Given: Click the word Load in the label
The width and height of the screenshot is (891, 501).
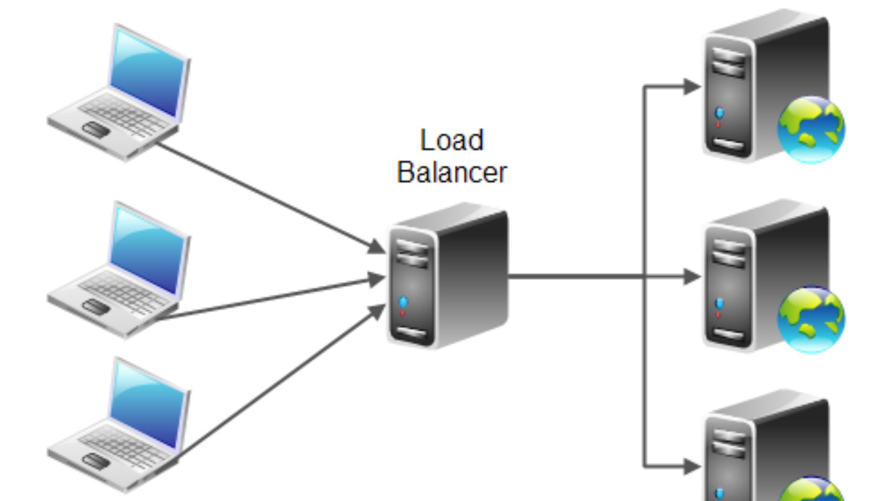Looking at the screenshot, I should tap(452, 140).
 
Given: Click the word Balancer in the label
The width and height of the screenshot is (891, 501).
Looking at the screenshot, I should tap(452, 173).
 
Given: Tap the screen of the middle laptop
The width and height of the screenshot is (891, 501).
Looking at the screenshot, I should tap(148, 251).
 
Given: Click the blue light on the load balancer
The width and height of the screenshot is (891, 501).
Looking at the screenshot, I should tap(403, 302).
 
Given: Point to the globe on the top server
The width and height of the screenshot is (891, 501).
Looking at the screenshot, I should tap(811, 129).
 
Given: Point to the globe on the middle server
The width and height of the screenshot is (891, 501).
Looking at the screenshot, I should tap(811, 320).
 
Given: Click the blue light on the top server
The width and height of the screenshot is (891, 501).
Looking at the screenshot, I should tap(719, 113).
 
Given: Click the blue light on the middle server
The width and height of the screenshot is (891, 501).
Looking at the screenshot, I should tap(719, 303).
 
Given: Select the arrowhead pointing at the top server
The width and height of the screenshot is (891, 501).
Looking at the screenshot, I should tap(691, 86).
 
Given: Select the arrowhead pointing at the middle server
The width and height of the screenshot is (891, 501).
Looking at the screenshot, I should tap(691, 277).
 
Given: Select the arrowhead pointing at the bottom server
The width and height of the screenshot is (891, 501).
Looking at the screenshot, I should tap(691, 466).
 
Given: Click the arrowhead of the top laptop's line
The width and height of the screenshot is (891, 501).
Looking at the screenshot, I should tap(376, 247).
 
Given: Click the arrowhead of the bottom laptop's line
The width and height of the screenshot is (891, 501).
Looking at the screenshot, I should tap(377, 311).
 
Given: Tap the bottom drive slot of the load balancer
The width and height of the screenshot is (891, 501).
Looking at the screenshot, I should tap(412, 334).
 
